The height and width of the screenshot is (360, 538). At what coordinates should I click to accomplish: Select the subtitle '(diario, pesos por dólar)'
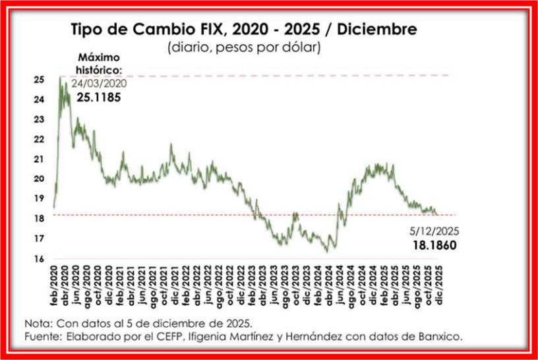[244, 47]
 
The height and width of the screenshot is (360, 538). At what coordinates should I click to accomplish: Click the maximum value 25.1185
[101, 96]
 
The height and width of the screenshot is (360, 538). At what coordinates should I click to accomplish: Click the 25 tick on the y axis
[40, 80]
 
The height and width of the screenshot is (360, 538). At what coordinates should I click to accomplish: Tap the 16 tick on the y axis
[40, 258]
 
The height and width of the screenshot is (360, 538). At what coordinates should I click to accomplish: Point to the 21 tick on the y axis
[40, 159]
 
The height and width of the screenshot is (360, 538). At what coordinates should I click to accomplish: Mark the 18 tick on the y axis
[40, 219]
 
